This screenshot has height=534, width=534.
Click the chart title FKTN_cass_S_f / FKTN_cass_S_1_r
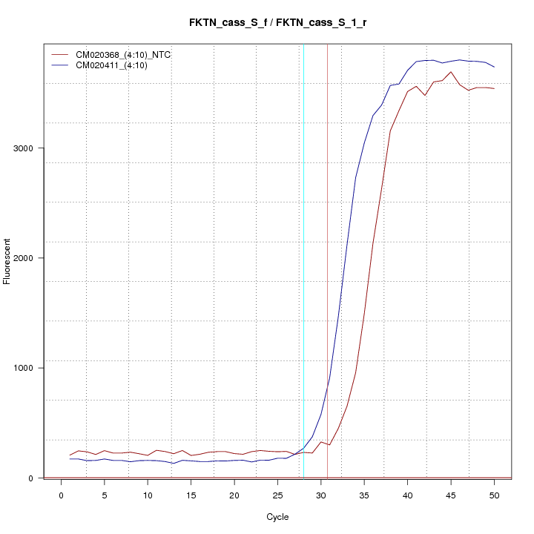(277, 23)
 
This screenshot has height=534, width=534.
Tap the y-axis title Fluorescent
(8, 261)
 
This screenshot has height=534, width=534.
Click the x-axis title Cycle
(277, 517)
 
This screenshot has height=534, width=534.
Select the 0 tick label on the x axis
(61, 495)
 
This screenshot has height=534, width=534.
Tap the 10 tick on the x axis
(148, 495)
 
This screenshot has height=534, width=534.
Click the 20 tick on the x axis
(234, 495)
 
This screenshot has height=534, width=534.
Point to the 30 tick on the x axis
(321, 495)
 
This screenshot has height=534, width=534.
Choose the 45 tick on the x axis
(451, 495)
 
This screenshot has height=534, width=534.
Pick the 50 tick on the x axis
(494, 495)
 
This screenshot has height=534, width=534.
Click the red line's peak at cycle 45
(451, 72)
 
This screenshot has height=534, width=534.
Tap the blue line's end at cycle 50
(494, 67)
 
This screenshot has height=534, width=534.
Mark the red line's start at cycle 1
(70, 455)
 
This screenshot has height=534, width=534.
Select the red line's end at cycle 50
(494, 88)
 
